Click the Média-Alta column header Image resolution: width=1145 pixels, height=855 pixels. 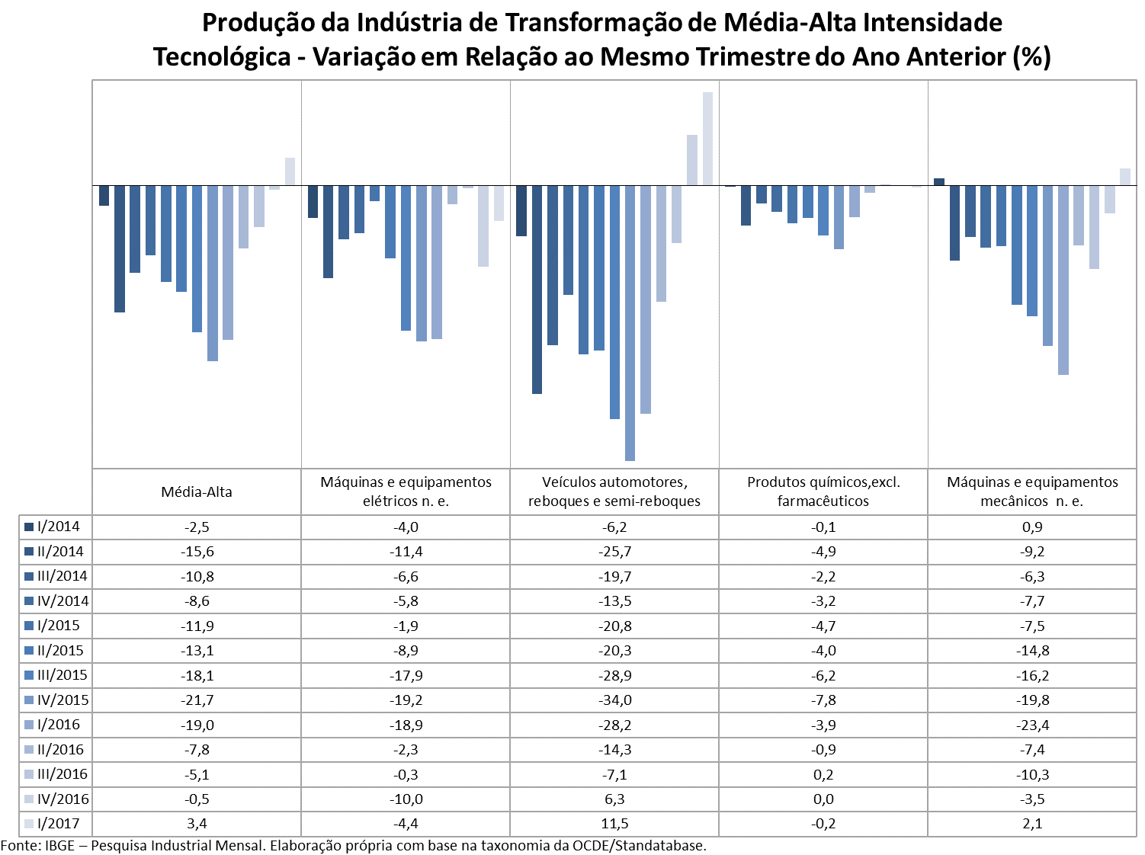point(196,492)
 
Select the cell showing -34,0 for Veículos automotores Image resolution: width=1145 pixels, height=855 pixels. point(614,700)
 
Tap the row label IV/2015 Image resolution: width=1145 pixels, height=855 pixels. point(63,700)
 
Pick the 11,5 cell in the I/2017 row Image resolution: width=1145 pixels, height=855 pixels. point(614,823)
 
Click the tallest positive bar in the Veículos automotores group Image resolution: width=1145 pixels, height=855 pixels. point(707,139)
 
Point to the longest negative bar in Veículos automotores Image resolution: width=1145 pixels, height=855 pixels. point(630,323)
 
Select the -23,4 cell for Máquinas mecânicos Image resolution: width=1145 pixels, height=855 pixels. point(1032,725)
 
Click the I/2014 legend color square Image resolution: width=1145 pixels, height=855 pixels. point(29,527)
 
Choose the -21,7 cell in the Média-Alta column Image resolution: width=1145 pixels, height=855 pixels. point(197,700)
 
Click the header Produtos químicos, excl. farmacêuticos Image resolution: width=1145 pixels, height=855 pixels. point(823,491)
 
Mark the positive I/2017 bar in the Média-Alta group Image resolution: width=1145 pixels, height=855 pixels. point(290,171)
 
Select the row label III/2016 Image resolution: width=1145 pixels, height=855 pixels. point(62,773)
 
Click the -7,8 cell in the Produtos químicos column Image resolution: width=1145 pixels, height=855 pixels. point(823,700)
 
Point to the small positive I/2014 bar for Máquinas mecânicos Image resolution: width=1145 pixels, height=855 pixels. point(939,182)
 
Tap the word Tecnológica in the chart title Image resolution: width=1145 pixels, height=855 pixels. point(222,57)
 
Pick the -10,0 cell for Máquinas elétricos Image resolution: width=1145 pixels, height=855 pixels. point(406,799)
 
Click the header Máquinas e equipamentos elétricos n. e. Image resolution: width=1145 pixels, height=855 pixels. point(406,491)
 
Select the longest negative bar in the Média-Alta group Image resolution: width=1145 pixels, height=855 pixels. point(213,273)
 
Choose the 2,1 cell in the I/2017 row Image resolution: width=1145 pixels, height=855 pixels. point(1032,823)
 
